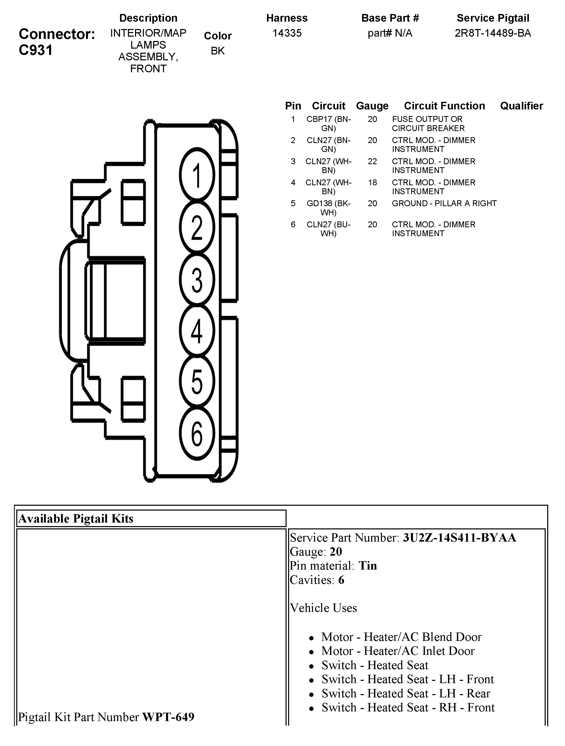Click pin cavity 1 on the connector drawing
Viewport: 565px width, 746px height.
[197, 175]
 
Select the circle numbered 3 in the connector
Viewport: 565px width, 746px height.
[197, 279]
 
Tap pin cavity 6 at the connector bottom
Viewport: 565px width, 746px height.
[197, 434]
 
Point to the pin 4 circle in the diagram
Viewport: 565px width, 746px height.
[197, 331]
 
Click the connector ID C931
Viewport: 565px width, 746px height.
[36, 50]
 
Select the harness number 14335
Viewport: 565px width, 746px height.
[287, 33]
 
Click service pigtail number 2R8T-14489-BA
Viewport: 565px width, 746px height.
[493, 33]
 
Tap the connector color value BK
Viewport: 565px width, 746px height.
[218, 51]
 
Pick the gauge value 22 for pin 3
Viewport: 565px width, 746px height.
[372, 161]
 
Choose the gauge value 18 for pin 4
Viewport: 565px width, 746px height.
[372, 182]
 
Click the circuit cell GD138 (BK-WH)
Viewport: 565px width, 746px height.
[329, 208]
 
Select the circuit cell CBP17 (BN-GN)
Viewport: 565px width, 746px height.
[329, 123]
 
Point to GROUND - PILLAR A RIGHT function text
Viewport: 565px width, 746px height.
[444, 203]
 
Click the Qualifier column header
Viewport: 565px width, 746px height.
[521, 106]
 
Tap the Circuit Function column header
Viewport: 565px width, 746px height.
[444, 106]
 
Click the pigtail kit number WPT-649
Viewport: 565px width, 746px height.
[168, 717]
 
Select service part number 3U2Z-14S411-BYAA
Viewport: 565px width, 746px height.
[459, 537]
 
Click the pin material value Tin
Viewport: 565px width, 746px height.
[368, 566]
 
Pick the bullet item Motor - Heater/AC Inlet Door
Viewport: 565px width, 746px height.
[397, 651]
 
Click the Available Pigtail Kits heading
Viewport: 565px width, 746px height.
[76, 518]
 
